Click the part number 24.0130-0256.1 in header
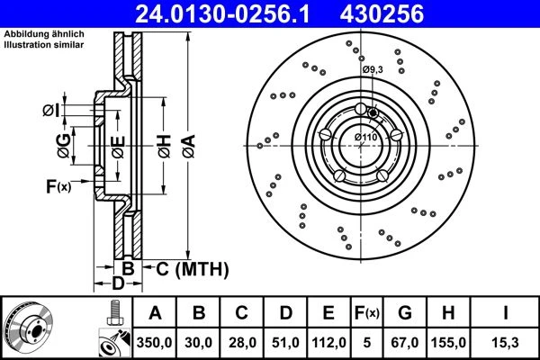coord(222,14)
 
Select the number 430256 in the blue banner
coord(382,14)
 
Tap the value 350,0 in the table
coord(154,343)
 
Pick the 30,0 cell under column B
coord(198,343)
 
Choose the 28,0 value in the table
coord(242,343)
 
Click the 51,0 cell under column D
coord(285,343)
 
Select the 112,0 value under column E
coord(328,343)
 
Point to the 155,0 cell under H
coord(448,343)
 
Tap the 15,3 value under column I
coord(506,343)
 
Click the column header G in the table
coord(405,313)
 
